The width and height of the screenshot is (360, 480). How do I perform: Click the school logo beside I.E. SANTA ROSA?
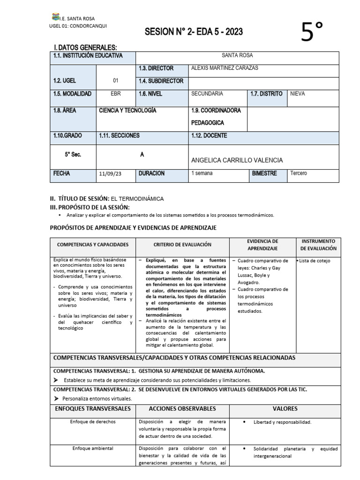pyautogui.click(x=56, y=17)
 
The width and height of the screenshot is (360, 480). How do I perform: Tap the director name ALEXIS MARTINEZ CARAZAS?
pyautogui.click(x=225, y=68)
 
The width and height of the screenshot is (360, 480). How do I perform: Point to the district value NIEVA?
pyautogui.click(x=297, y=94)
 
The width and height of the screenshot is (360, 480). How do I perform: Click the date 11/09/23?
pyautogui.click(x=110, y=174)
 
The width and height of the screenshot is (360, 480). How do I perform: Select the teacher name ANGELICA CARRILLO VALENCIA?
pyautogui.click(x=237, y=160)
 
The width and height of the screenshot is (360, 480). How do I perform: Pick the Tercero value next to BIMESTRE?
pyautogui.click(x=299, y=173)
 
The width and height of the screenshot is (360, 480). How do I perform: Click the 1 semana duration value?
pyautogui.click(x=202, y=173)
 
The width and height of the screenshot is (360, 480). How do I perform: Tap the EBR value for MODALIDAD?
pyautogui.click(x=115, y=94)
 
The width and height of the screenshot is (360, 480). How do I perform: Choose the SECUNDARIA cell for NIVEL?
pyautogui.click(x=207, y=94)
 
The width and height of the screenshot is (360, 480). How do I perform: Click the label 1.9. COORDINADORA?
pyautogui.click(x=216, y=111)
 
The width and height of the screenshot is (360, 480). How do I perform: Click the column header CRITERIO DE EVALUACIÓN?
pyautogui.click(x=182, y=245)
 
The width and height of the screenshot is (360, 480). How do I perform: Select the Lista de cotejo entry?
pyautogui.click(x=314, y=261)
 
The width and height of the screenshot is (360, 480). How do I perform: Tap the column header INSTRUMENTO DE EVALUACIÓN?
pyautogui.click(x=318, y=245)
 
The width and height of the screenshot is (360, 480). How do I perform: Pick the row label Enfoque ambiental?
pyautogui.click(x=93, y=448)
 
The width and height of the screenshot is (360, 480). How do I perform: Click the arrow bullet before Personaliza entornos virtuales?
pyautogui.click(x=56, y=398)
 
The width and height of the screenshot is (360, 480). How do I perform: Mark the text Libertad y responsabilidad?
pyautogui.click(x=282, y=422)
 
